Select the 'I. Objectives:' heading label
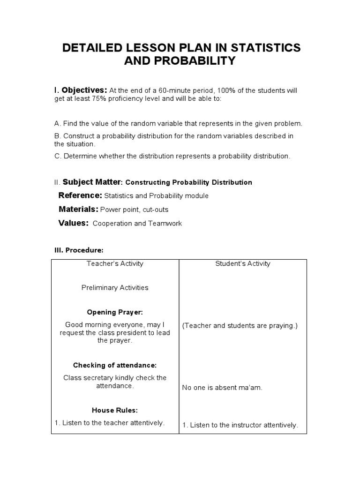point(81,90)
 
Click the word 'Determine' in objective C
point(79,156)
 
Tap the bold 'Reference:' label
point(80,195)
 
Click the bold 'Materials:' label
point(78,209)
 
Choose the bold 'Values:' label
point(73,223)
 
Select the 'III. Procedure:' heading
point(76,250)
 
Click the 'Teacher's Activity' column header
point(115,263)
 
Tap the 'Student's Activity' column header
point(242,263)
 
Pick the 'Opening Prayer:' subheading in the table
point(115,312)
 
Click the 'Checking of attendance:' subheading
point(115,365)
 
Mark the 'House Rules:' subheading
point(115,410)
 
